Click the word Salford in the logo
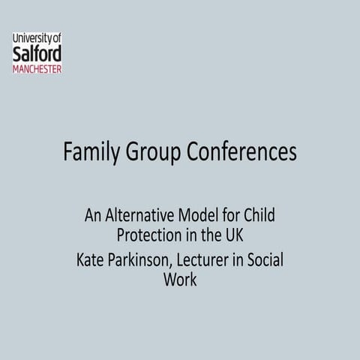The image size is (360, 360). click(x=37, y=54)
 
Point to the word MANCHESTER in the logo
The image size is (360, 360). click(x=37, y=68)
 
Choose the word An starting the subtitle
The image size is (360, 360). click(x=93, y=217)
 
